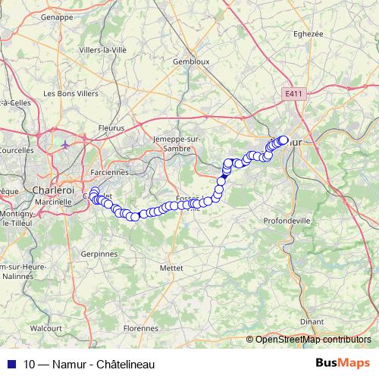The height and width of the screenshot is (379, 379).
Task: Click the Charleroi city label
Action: point(52,190)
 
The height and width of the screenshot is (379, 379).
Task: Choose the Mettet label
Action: point(172,268)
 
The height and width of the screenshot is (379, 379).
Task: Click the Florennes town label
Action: point(139,328)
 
